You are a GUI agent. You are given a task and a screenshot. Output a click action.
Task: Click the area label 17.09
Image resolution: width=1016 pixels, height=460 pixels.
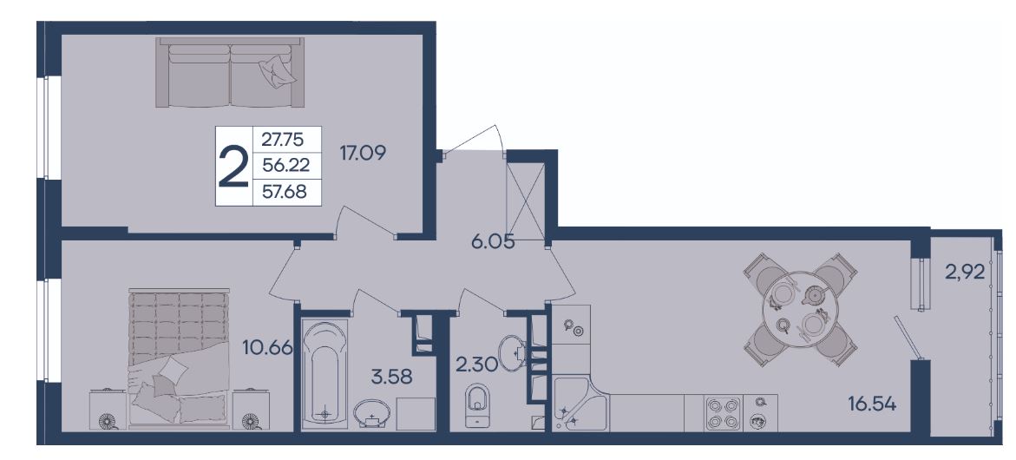click(363, 153)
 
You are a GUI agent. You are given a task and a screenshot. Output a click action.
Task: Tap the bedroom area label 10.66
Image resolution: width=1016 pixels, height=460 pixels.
click(267, 349)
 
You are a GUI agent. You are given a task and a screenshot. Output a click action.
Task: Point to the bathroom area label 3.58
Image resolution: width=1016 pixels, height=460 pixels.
click(391, 376)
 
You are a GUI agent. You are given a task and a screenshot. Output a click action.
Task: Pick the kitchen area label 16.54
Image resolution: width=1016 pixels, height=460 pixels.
click(872, 405)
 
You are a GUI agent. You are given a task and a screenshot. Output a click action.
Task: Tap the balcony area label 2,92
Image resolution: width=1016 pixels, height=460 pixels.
click(965, 273)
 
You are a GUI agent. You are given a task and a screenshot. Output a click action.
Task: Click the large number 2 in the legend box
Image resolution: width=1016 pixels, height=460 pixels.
click(233, 167)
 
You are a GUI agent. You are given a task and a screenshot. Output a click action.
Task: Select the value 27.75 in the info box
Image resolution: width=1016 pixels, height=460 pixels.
click(282, 139)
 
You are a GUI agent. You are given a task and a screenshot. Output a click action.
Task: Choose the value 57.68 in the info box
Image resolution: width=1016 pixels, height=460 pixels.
click(283, 192)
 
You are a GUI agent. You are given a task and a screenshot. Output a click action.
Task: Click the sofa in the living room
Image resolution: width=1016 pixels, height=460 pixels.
click(230, 72)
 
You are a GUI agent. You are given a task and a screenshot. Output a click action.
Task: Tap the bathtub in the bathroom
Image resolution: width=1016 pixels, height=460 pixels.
click(324, 374)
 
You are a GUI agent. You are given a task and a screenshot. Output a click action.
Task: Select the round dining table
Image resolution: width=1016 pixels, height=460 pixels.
click(801, 310)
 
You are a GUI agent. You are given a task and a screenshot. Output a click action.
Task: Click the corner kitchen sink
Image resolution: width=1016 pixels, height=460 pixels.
click(580, 404)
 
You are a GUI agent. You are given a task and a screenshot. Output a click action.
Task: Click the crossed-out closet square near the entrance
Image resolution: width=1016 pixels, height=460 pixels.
click(525, 200)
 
